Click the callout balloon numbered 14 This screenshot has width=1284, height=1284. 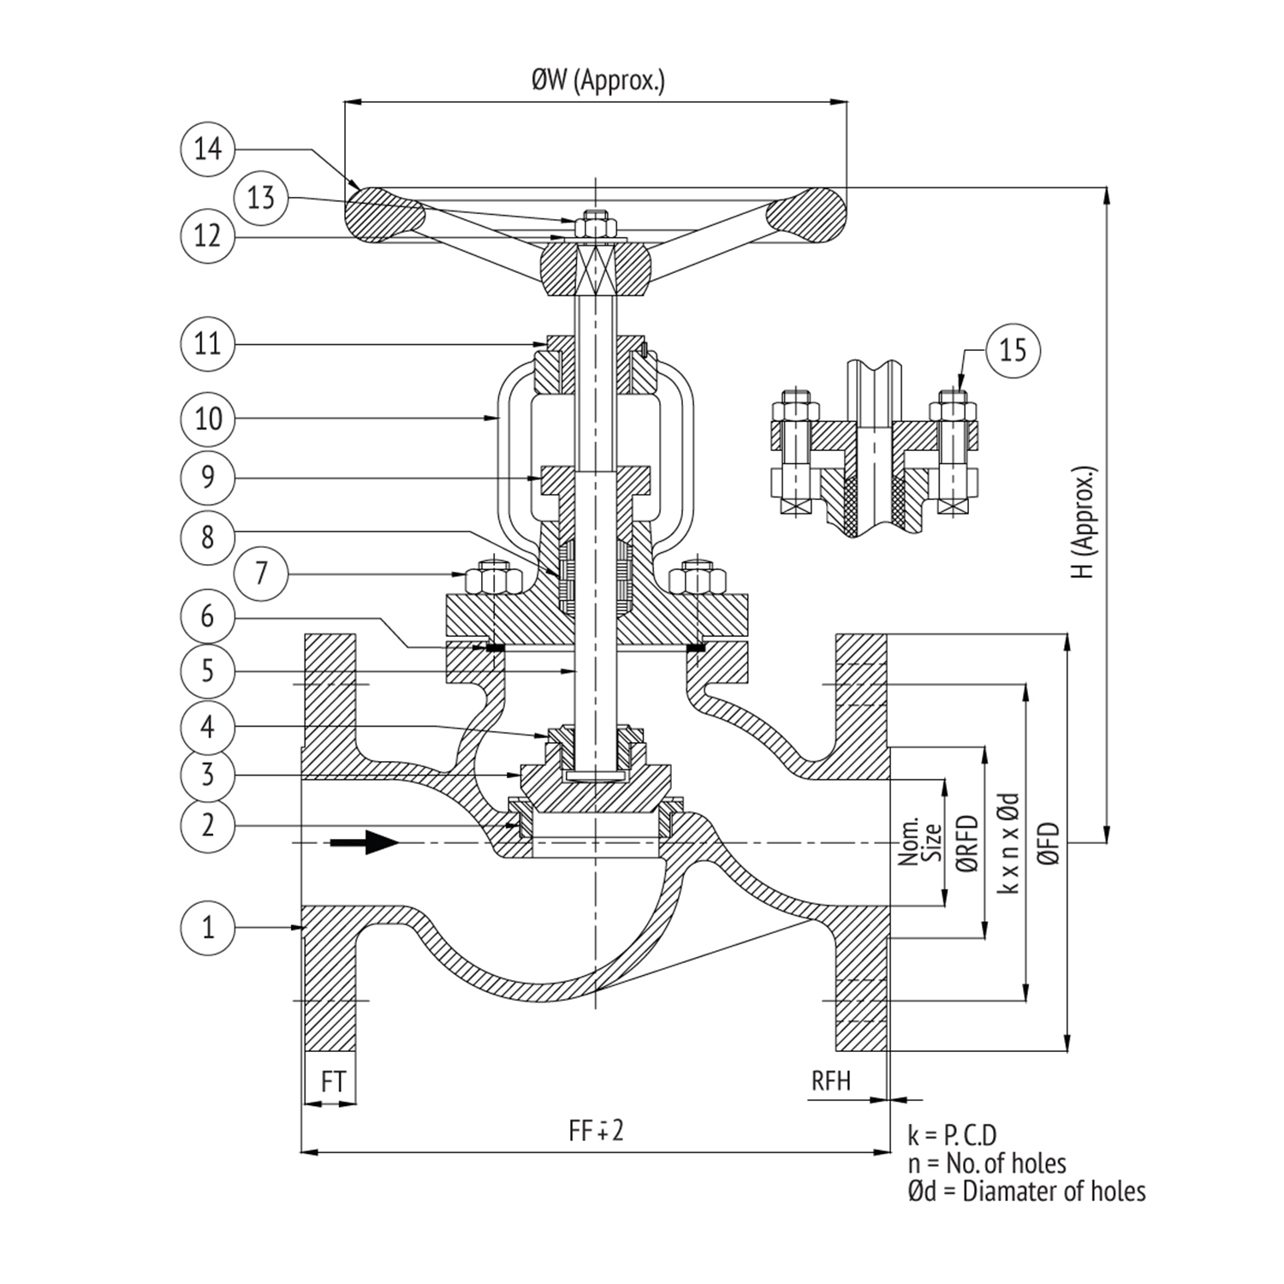click(x=207, y=149)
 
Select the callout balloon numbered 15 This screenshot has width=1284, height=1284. click(x=1013, y=349)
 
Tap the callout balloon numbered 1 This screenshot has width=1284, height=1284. click(x=207, y=927)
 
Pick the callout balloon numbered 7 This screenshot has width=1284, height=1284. click(x=261, y=572)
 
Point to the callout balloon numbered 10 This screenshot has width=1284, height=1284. click(x=207, y=419)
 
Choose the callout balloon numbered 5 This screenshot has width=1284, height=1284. click(x=207, y=670)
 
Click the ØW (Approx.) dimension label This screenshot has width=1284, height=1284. click(x=597, y=81)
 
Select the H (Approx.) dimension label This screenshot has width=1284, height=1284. click(x=1085, y=522)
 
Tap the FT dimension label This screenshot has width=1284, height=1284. click(x=333, y=1082)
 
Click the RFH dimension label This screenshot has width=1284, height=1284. click(x=831, y=1080)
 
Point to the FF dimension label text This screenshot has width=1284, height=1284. click(x=597, y=1131)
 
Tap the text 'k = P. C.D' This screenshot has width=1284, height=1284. click(x=953, y=1136)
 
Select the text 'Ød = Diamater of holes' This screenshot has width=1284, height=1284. click(x=1026, y=1191)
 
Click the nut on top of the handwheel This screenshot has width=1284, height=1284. click(x=591, y=227)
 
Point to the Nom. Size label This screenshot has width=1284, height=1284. click(x=920, y=842)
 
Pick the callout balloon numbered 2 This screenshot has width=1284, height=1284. click(x=207, y=825)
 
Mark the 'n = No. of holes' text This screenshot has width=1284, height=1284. click(x=987, y=1163)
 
